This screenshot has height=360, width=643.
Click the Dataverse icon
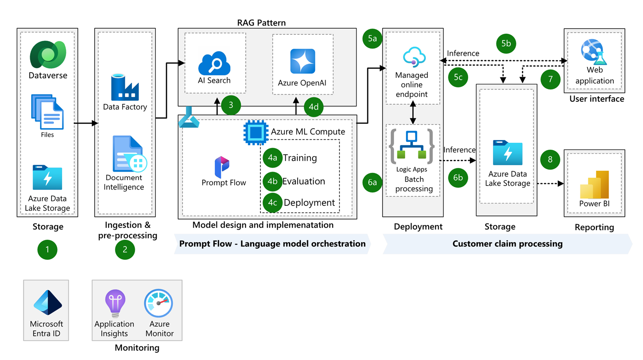pyautogui.click(x=48, y=55)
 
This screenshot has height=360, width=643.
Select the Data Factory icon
pyautogui.click(x=124, y=87)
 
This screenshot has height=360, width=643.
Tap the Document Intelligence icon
pyautogui.click(x=129, y=154)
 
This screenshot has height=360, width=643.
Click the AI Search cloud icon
pyautogui.click(x=214, y=63)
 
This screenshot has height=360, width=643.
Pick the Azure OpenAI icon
pyautogui.click(x=303, y=61)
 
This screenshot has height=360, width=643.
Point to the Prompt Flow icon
pyautogui.click(x=222, y=167)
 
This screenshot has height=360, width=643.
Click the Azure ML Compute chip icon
pyautogui.click(x=256, y=132)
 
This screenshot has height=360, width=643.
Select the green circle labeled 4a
pyautogui.click(x=272, y=158)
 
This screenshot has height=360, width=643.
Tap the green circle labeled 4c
pyautogui.click(x=272, y=202)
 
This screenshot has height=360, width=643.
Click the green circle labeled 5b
pyautogui.click(x=506, y=43)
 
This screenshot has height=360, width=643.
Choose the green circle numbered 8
pyautogui.click(x=550, y=159)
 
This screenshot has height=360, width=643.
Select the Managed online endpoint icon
pyautogui.click(x=414, y=57)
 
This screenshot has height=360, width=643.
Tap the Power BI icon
pyautogui.click(x=594, y=185)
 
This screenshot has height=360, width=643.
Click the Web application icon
pyautogui.click(x=594, y=52)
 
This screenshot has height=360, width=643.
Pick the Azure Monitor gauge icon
pyautogui.click(x=159, y=304)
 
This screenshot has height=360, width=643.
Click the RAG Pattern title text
pyautogui.click(x=261, y=23)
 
